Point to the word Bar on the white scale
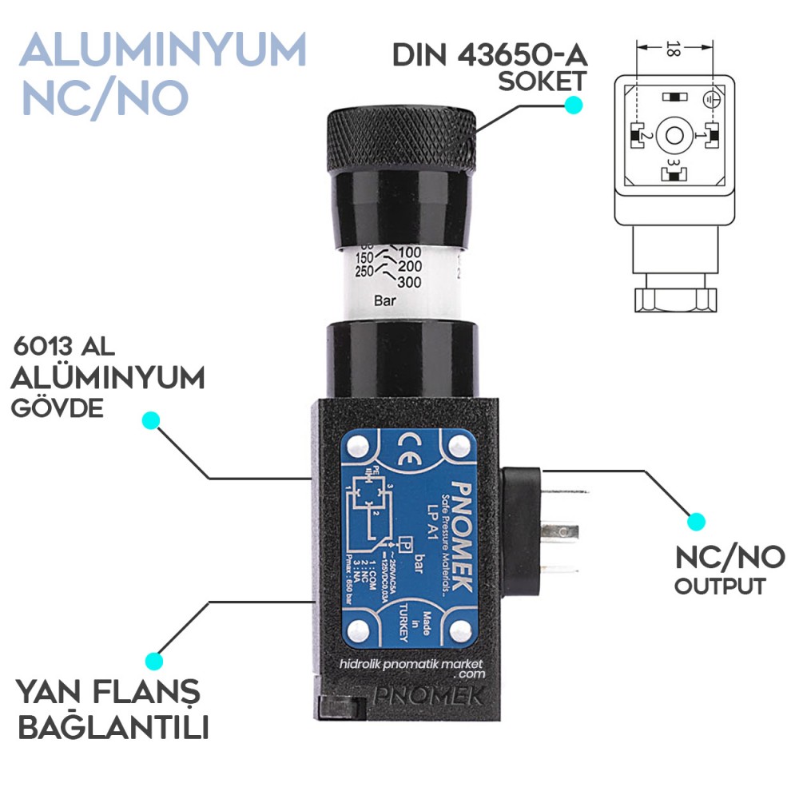pyautogui.click(x=387, y=301)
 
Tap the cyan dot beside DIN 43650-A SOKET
pyautogui.click(x=572, y=105)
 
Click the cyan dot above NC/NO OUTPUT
pyautogui.click(x=697, y=521)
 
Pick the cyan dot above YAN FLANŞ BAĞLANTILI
pyautogui.click(x=153, y=661)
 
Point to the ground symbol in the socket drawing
pyautogui.click(x=707, y=98)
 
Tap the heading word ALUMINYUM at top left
pyautogui.click(x=163, y=50)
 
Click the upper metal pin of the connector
pyautogui.click(x=559, y=529)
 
